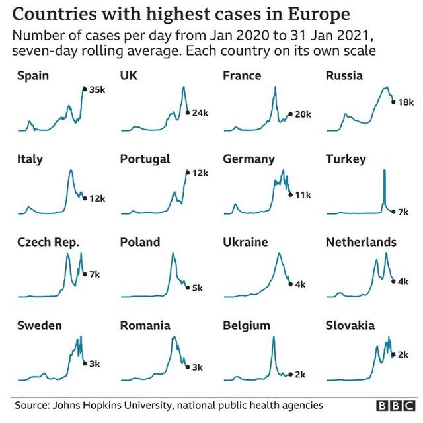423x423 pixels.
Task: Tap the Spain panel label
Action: (33, 76)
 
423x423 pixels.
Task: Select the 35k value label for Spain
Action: (96, 89)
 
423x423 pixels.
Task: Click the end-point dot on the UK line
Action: (187, 112)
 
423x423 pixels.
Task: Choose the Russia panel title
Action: (344, 76)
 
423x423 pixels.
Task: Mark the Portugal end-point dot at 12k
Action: (187, 173)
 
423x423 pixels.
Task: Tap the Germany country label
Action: (249, 159)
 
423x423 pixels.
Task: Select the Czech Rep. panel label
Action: (48, 243)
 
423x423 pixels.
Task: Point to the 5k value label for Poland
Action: (197, 288)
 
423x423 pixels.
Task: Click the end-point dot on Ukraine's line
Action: (289, 284)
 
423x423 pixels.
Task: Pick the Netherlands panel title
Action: (361, 243)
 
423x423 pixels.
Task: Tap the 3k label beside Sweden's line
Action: (94, 363)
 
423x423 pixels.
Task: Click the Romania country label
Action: (145, 326)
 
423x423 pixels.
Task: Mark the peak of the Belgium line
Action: (273, 338)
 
